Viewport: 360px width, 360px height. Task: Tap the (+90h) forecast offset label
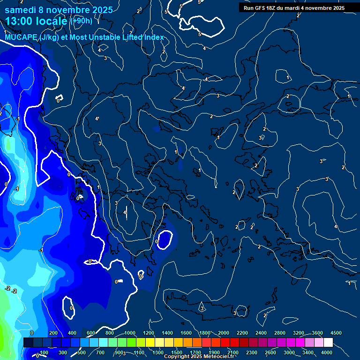coord(81,21)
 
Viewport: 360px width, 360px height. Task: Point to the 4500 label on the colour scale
coord(336,332)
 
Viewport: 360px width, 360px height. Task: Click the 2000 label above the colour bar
coord(224,332)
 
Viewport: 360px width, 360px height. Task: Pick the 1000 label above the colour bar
coord(130,332)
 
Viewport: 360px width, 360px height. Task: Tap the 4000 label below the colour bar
coord(327,352)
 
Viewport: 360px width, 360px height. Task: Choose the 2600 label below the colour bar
coord(270,352)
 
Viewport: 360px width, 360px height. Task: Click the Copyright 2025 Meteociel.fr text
coord(199,357)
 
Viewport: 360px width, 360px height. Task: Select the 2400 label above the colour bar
coord(261,332)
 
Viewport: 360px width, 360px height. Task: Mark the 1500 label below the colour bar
coord(177,352)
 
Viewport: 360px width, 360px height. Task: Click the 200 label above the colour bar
coord(53,332)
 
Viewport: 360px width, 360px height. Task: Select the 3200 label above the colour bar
coord(299,332)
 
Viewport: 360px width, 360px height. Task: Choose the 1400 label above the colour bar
coord(167,332)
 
